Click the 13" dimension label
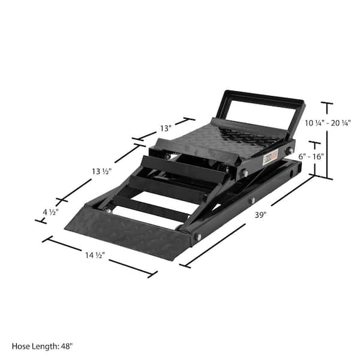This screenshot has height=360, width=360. tap(166, 128)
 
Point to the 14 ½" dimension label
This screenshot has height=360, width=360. tap(95, 254)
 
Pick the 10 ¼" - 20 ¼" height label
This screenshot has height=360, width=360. tap(328, 122)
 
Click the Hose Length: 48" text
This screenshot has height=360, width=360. tap(41, 346)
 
